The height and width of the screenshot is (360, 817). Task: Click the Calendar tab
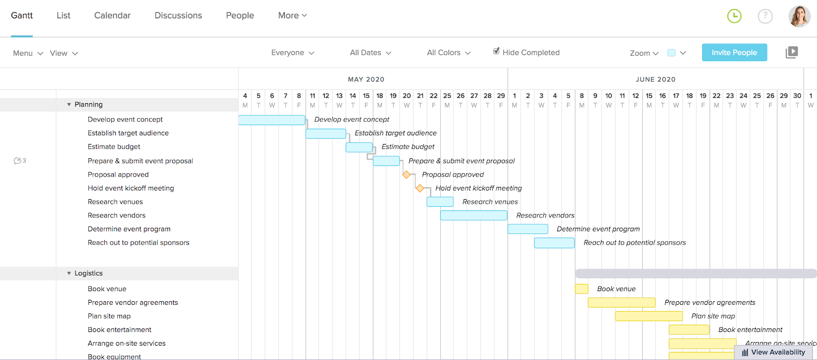pyautogui.click(x=112, y=15)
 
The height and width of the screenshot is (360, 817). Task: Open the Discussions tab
pyautogui.click(x=178, y=15)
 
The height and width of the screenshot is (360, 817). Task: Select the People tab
pyautogui.click(x=240, y=15)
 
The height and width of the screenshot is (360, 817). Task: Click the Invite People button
pyautogui.click(x=734, y=53)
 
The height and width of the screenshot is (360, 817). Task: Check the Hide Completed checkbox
pyautogui.click(x=496, y=51)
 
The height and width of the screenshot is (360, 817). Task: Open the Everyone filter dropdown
pyautogui.click(x=293, y=53)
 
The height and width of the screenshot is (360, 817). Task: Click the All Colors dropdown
pyautogui.click(x=448, y=53)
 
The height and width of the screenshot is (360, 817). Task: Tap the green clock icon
pyautogui.click(x=734, y=16)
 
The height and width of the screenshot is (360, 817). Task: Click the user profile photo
pyautogui.click(x=799, y=16)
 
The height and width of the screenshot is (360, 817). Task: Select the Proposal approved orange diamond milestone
pyautogui.click(x=406, y=175)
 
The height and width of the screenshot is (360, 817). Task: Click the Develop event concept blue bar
pyautogui.click(x=272, y=120)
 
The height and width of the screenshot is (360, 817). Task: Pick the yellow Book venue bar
pyautogui.click(x=582, y=289)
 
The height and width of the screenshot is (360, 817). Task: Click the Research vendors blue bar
pyautogui.click(x=473, y=215)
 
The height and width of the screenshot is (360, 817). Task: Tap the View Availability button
pyautogui.click(x=773, y=352)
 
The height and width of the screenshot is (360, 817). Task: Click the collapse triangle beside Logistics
pyautogui.click(x=69, y=273)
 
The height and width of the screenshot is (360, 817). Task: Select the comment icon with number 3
pyautogui.click(x=19, y=161)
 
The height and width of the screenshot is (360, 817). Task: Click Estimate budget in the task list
pyautogui.click(x=114, y=147)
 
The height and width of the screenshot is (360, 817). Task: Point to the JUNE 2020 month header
pyautogui.click(x=655, y=79)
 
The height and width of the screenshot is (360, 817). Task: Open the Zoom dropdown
pyautogui.click(x=644, y=53)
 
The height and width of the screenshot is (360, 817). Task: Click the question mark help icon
pyautogui.click(x=765, y=16)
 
